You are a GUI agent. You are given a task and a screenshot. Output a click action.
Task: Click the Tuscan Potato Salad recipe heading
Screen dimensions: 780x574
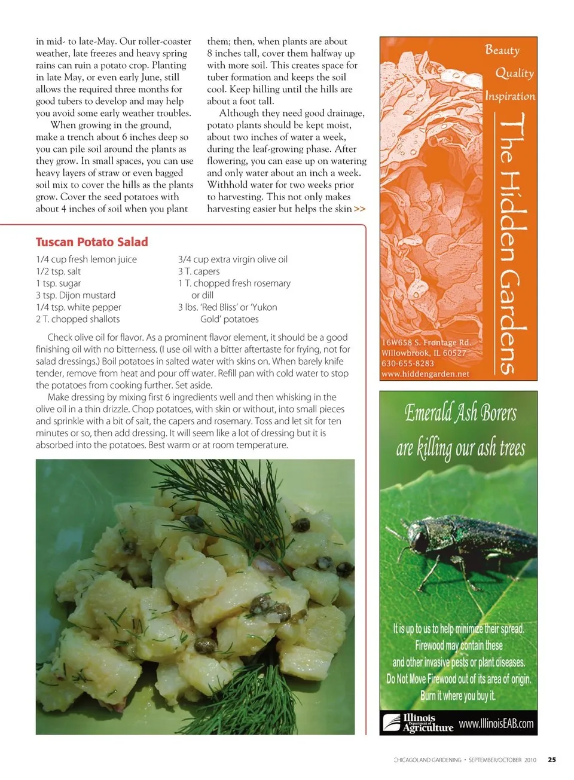(91, 242)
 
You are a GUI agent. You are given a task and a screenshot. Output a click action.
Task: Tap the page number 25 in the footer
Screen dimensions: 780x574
(551, 760)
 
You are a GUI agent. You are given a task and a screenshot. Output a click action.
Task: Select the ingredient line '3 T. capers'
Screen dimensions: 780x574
(199, 271)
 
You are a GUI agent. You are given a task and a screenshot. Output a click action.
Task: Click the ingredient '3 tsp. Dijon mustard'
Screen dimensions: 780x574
(75, 295)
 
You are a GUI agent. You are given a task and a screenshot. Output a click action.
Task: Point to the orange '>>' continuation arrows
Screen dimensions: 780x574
(359, 209)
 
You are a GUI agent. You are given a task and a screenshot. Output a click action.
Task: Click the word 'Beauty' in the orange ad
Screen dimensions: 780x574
(502, 50)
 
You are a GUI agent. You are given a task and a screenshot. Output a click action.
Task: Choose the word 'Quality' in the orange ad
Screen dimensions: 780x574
(514, 73)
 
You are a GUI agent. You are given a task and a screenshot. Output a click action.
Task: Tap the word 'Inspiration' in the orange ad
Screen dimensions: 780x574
(510, 96)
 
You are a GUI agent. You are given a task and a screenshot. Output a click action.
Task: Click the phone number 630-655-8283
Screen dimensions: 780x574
(408, 363)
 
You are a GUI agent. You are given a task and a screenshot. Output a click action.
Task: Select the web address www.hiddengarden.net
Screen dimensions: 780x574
(425, 374)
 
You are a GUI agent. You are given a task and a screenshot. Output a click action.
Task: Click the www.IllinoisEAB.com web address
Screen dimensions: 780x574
(496, 724)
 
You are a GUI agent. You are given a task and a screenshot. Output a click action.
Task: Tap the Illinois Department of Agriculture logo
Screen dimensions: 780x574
(417, 723)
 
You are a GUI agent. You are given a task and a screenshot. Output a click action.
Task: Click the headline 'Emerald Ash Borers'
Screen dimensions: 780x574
(460, 413)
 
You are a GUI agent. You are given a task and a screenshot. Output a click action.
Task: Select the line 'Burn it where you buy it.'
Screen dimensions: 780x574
(458, 696)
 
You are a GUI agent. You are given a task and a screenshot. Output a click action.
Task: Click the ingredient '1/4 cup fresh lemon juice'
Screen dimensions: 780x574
(86, 259)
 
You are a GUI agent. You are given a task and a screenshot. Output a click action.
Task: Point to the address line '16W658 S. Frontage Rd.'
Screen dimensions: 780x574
(426, 342)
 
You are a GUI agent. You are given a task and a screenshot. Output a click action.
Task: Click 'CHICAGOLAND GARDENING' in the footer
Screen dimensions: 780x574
(428, 760)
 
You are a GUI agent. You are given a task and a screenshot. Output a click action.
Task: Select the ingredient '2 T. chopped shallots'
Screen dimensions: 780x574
(78, 319)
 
